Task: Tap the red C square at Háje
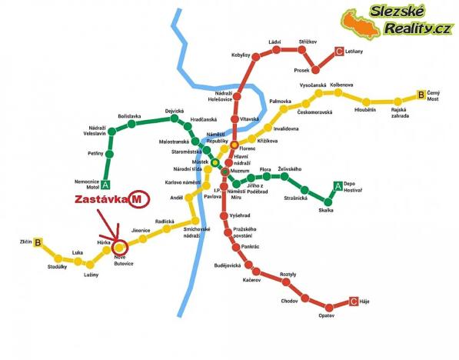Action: coord(354,302)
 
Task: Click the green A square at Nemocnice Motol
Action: coord(105,185)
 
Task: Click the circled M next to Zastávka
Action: coord(137,198)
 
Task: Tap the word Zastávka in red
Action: coord(99,199)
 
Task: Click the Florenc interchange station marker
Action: coord(234,144)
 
